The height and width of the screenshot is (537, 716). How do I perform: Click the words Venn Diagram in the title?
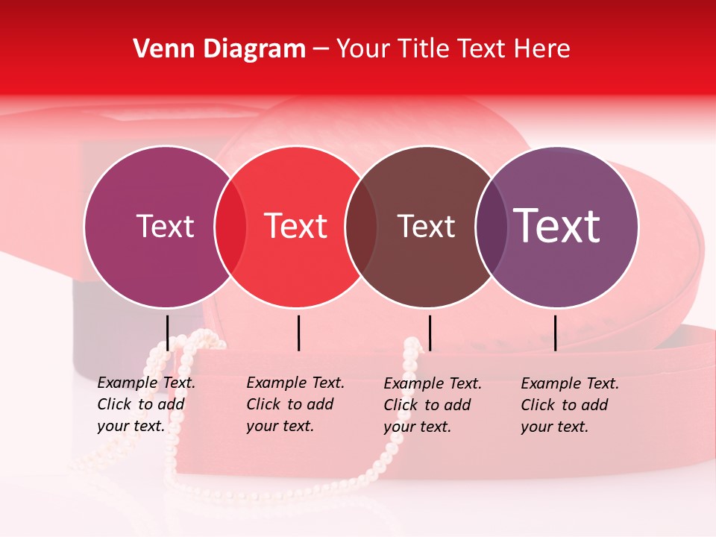[219, 49]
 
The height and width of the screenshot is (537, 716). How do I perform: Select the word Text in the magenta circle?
[165, 227]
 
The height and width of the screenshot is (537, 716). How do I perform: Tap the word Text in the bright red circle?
[296, 227]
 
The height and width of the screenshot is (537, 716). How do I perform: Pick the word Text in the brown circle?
[426, 227]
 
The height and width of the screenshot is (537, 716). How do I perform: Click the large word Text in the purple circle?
[557, 226]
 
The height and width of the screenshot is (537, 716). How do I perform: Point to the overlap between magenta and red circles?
[230, 227]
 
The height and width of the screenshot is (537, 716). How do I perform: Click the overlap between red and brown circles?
[361, 227]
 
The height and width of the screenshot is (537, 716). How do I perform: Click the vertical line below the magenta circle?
[167, 333]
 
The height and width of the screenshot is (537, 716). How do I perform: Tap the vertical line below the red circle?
[298, 333]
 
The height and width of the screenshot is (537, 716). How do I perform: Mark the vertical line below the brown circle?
[430, 333]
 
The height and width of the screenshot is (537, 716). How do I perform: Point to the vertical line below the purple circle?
[555, 333]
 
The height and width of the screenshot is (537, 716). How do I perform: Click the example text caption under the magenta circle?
[145, 404]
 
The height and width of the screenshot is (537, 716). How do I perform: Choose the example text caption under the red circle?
[295, 404]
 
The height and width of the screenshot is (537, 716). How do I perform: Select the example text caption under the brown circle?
[432, 405]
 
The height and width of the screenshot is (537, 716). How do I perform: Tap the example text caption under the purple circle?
[569, 405]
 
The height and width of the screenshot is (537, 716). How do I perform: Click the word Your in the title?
[362, 49]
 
